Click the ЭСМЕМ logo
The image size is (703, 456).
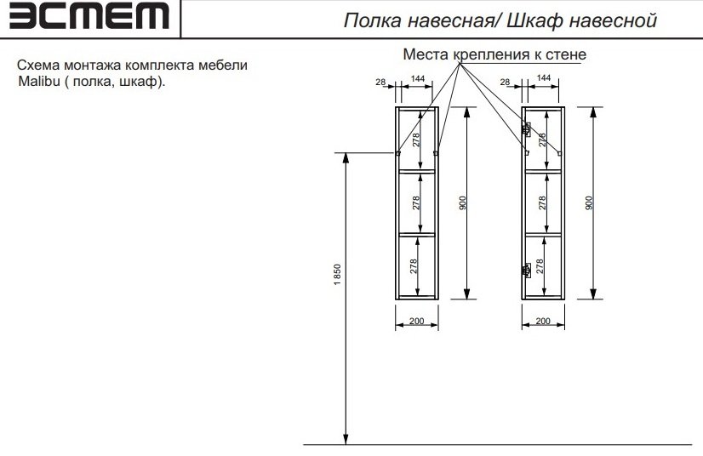coord(89,16)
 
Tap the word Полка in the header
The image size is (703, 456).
coord(373,20)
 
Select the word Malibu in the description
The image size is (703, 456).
coord(39,82)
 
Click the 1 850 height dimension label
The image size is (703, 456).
coord(338,275)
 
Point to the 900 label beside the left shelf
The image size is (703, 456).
coord(463,203)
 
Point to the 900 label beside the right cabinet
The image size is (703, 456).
coord(589,203)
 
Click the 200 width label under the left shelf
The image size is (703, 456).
coord(416,321)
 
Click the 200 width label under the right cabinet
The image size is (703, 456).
coord(543,321)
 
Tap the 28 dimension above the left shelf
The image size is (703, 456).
coord(380,82)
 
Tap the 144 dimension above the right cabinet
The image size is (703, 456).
coord(544,78)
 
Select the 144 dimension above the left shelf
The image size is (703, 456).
coord(417,78)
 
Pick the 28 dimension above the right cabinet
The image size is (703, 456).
coord(506,82)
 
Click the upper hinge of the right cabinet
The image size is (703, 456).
coord(527,129)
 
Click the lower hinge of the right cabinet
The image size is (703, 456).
coord(526,270)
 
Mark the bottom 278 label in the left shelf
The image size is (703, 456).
coord(414,266)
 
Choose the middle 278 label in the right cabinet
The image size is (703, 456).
coord(542,202)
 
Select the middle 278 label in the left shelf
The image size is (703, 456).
coord(416,202)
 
